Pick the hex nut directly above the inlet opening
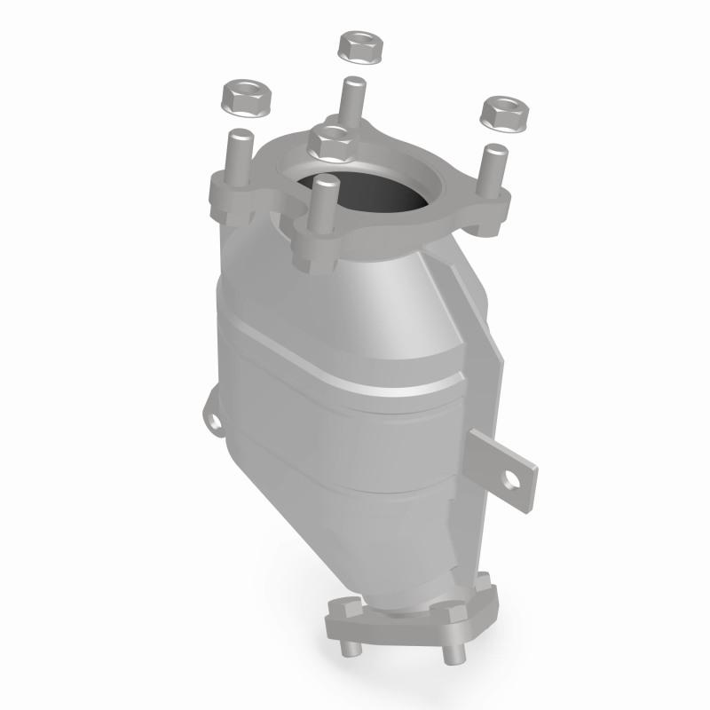[x=333, y=141]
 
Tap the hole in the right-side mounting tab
[x=512, y=482]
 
